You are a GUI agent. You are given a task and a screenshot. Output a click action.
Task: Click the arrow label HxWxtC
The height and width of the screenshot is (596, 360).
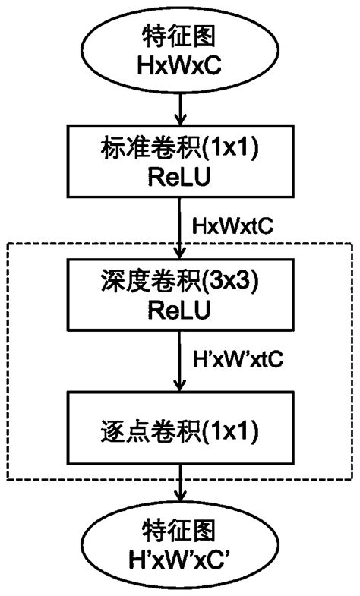[233, 226]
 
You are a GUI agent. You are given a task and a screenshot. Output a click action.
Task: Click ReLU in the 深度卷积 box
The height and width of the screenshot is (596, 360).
[180, 311]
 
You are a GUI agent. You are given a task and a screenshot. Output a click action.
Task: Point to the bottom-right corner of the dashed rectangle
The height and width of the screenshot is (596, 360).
[352, 480]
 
